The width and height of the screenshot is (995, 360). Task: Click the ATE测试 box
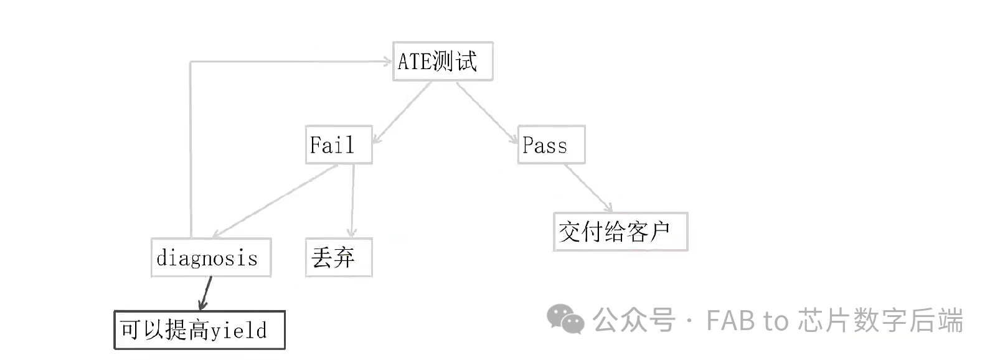443,61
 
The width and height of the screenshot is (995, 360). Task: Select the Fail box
338,145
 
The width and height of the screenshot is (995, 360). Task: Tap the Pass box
551,145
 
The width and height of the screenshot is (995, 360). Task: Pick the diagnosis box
210,257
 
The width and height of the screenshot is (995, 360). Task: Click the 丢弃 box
338,257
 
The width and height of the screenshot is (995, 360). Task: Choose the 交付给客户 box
620,232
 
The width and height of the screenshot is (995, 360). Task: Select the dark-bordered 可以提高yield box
199,329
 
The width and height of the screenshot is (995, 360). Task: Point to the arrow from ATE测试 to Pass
487,113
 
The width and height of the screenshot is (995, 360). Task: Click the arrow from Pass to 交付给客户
588,188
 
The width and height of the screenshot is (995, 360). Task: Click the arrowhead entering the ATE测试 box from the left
387,61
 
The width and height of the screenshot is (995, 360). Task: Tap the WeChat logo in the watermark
565,320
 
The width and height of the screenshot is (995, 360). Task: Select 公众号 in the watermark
634,321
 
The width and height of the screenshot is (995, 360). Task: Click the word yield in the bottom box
238,330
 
